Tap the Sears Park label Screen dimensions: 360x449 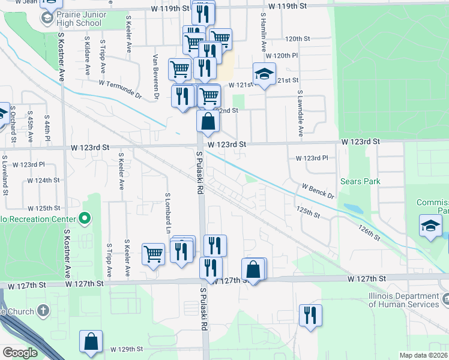tap(360, 181)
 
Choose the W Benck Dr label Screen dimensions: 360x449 tap(318, 191)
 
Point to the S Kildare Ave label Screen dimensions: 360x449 tap(87, 58)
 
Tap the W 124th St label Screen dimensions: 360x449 tap(43, 180)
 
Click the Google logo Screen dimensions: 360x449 tap(20, 353)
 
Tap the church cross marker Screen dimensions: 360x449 tap(42, 310)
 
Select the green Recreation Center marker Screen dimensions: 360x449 tap(85, 217)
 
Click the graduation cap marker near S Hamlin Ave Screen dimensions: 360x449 tap(264, 75)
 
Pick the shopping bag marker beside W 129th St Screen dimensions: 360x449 tap(91, 342)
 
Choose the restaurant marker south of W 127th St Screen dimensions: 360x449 tap(310, 316)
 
